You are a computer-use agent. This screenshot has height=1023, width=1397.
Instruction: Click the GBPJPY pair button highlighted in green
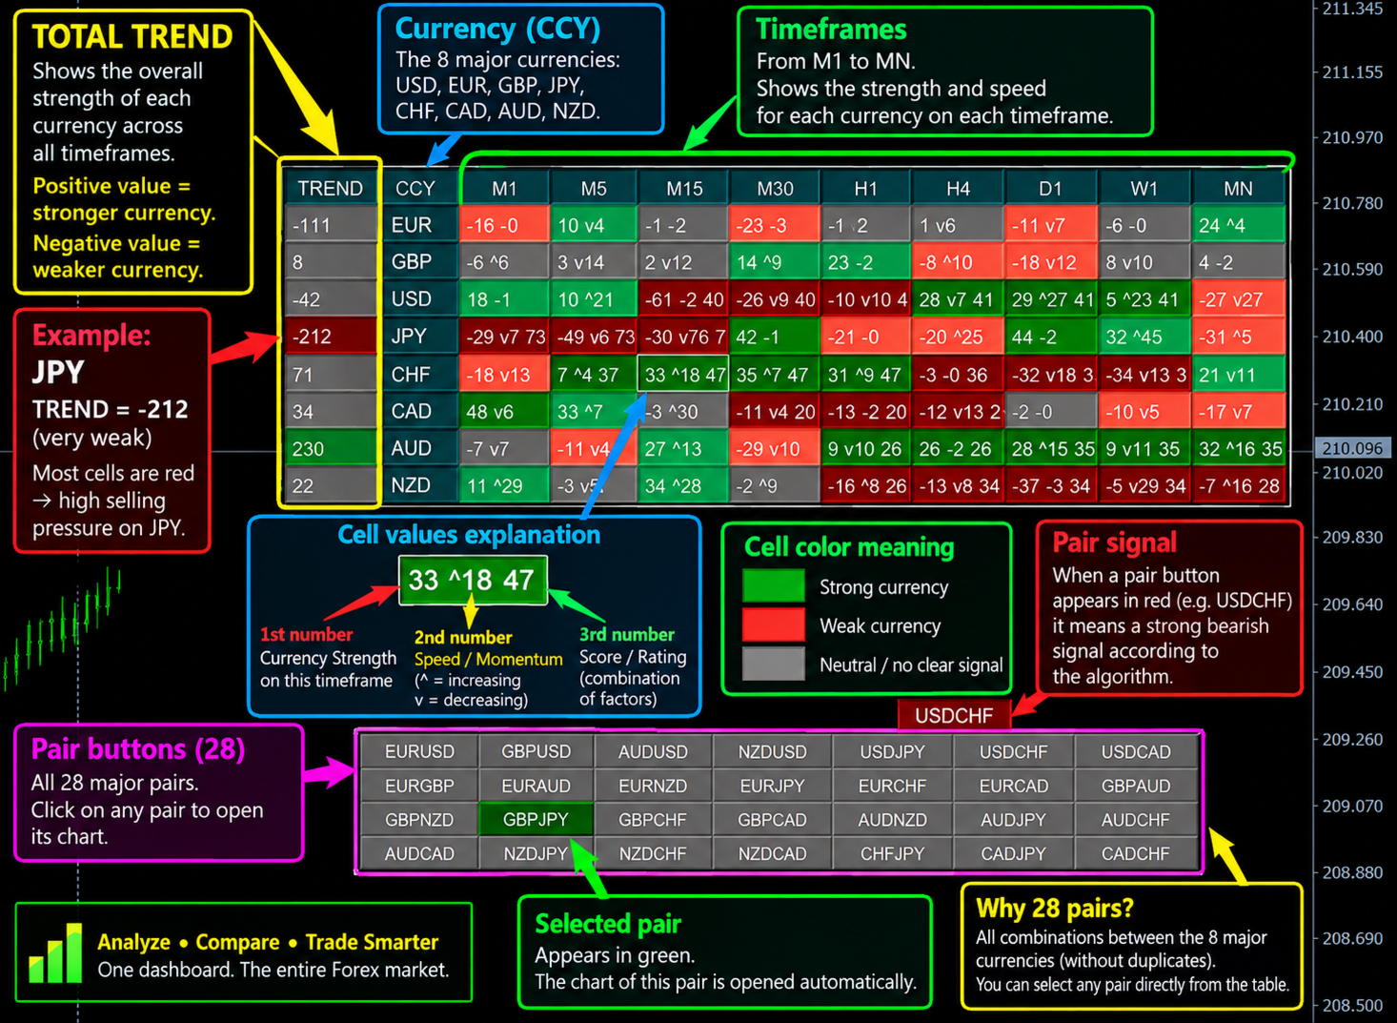click(536, 819)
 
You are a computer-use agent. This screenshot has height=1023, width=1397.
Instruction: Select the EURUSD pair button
click(419, 751)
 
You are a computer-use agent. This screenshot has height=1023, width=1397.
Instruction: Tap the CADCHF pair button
click(1135, 853)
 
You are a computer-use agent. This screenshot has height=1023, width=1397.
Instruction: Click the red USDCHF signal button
click(954, 715)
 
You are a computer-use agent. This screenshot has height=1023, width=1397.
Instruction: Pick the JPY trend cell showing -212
click(332, 337)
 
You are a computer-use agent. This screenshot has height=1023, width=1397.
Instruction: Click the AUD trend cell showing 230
click(332, 448)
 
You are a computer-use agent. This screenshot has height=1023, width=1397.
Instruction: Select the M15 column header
click(684, 189)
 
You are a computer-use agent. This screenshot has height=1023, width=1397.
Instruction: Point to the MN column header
click(1238, 189)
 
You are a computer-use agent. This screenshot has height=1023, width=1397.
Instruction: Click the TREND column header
click(331, 189)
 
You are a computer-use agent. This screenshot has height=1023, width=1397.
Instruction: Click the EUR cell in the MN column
click(1238, 225)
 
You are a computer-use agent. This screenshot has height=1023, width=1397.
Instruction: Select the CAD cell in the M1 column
click(504, 411)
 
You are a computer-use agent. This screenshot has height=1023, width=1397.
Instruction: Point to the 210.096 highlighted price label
click(1352, 448)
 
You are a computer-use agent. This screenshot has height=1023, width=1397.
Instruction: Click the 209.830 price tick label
click(1352, 537)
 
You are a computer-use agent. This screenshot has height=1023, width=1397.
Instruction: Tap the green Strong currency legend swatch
click(774, 585)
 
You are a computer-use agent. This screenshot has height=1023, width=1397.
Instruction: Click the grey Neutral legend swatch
click(774, 663)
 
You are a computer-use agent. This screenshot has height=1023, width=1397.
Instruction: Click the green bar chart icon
click(55, 953)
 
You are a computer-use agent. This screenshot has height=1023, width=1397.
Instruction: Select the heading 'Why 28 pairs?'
click(1054, 909)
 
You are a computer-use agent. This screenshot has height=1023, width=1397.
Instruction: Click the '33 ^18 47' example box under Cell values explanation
click(473, 580)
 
